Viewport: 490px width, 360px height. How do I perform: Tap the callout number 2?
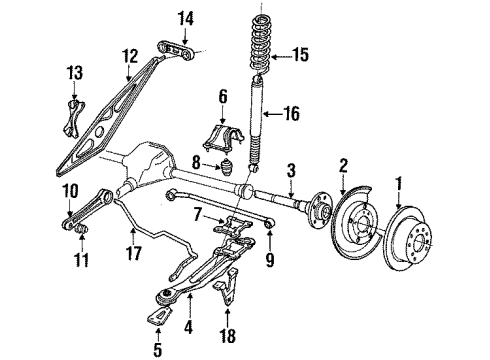342,164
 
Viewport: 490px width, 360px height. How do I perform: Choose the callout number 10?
69,191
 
